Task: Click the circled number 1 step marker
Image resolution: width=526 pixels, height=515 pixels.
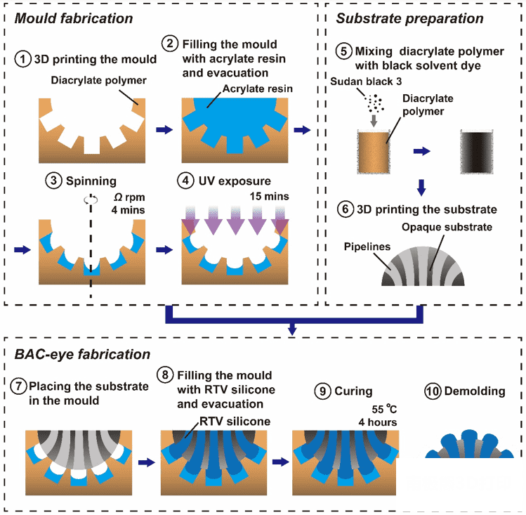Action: click(x=23, y=59)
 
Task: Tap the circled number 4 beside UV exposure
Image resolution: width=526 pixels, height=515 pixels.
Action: click(x=187, y=181)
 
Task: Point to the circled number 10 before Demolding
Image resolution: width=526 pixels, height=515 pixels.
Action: click(x=433, y=391)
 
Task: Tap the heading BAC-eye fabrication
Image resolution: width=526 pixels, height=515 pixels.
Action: click(x=82, y=354)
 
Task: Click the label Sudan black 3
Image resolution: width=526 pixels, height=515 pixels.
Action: click(x=365, y=82)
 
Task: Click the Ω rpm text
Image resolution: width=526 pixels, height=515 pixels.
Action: click(x=129, y=196)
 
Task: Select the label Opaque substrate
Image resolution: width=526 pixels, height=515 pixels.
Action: click(x=447, y=227)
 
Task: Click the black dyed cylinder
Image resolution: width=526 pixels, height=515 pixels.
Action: click(x=479, y=152)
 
